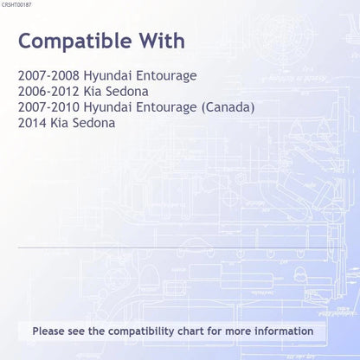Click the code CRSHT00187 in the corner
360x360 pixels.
(x=16, y=5)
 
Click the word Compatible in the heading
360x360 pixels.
(x=75, y=42)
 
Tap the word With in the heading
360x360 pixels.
(x=163, y=41)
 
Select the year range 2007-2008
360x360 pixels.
(x=48, y=75)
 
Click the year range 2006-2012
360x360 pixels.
(x=48, y=92)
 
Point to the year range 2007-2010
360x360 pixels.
(x=48, y=107)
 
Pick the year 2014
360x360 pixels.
(x=32, y=123)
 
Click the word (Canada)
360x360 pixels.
(x=228, y=107)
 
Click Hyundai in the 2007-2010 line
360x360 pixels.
(x=107, y=108)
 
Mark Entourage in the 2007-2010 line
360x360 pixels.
(x=166, y=108)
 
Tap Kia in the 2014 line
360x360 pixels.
(x=59, y=123)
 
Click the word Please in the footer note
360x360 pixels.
(x=48, y=331)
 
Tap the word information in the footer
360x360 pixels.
(x=284, y=331)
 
